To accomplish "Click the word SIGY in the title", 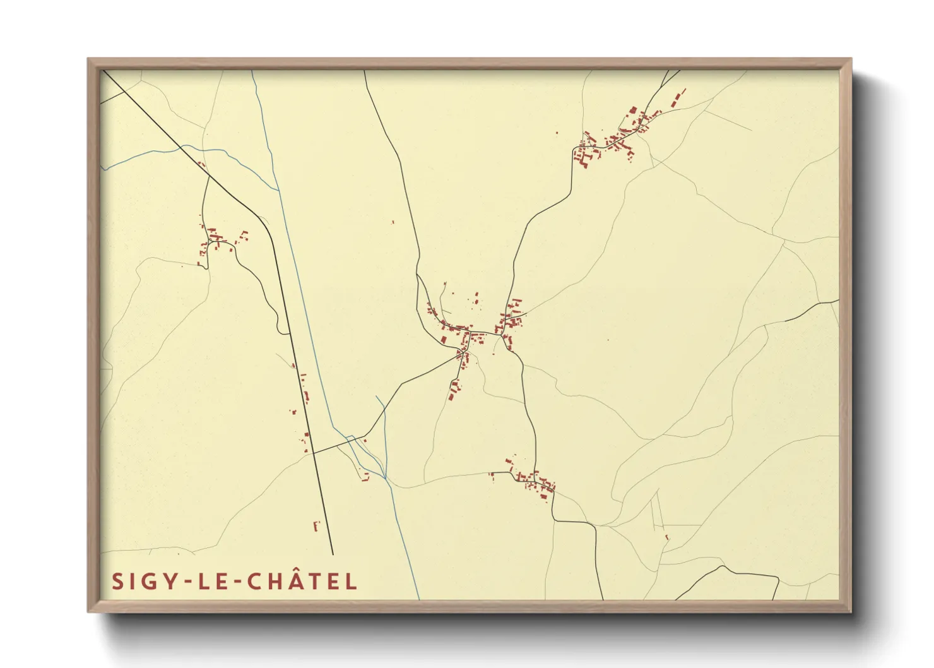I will point(141,582).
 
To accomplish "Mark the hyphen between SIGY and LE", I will point(182,582).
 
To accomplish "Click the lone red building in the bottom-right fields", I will point(667,538).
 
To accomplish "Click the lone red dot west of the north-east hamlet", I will point(557,133).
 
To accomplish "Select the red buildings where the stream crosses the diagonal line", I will point(201,164).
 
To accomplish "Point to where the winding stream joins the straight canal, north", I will point(277,189).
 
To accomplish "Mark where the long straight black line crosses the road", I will point(314,453).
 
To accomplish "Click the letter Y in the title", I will point(168,582).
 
